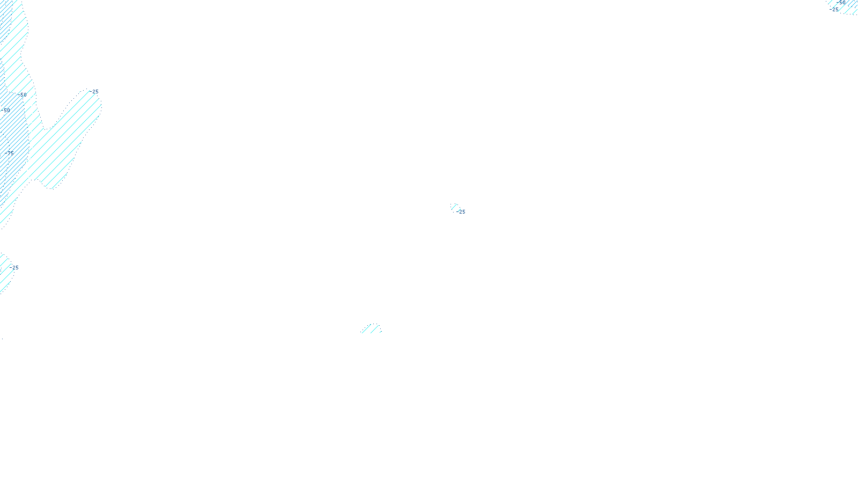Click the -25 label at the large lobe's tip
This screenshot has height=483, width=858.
(x=95, y=92)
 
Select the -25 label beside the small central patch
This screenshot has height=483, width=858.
(x=461, y=212)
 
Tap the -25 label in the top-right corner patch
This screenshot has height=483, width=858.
(x=835, y=10)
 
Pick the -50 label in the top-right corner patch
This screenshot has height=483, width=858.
(x=841, y=3)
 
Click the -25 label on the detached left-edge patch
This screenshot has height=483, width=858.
(x=14, y=268)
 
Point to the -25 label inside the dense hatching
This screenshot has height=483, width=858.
(x=10, y=153)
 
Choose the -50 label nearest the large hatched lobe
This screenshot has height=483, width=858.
(x=23, y=96)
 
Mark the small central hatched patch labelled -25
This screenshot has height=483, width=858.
(x=454, y=207)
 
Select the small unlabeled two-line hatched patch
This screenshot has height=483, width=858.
(x=371, y=328)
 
